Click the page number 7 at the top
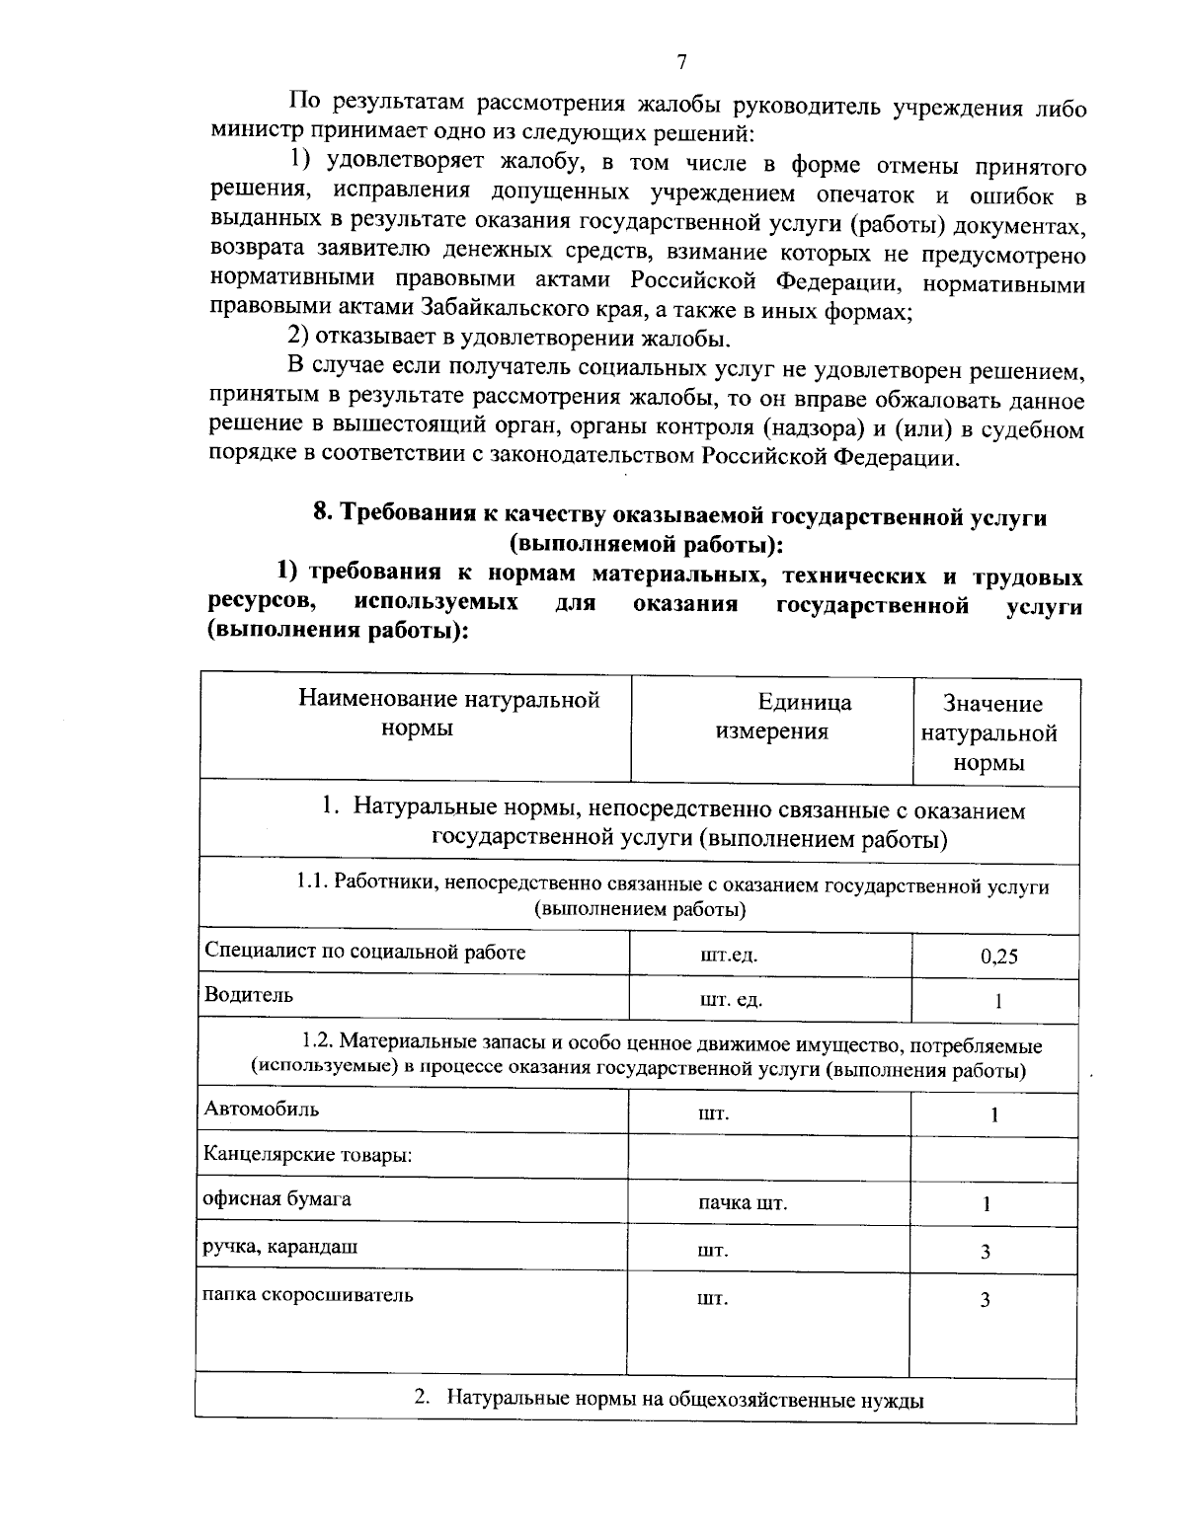point(681,62)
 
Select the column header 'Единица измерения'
point(771,717)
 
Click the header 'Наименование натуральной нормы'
point(448,714)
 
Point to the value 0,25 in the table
point(998,956)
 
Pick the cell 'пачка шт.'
point(743,1204)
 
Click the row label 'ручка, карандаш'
point(280,1246)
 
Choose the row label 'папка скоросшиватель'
point(307,1294)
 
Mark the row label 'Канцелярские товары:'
point(307,1154)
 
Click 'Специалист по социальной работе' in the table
point(364,952)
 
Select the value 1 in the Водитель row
point(998,1001)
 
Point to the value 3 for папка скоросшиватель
point(985,1300)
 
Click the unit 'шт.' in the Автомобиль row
point(713,1114)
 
